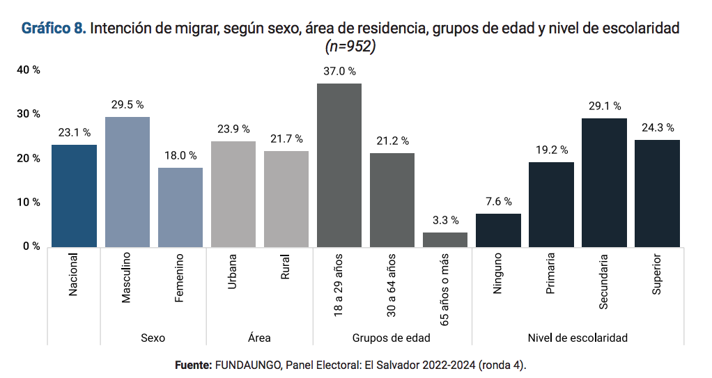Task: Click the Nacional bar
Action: point(74,196)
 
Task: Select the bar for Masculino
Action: point(127,182)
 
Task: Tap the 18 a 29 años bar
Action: point(339,165)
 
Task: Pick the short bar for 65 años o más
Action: point(444,239)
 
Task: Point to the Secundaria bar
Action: point(604,182)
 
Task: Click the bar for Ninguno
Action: point(498,230)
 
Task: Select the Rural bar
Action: point(286,198)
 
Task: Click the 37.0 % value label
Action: point(339,71)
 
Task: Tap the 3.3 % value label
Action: point(445,220)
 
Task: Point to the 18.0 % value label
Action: point(180,155)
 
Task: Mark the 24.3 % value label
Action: point(657,127)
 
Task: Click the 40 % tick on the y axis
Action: point(29,70)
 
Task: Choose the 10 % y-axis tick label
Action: point(29,202)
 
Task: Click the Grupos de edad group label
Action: point(391,338)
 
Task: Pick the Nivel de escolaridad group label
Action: point(578,338)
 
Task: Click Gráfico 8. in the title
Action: point(54,29)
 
